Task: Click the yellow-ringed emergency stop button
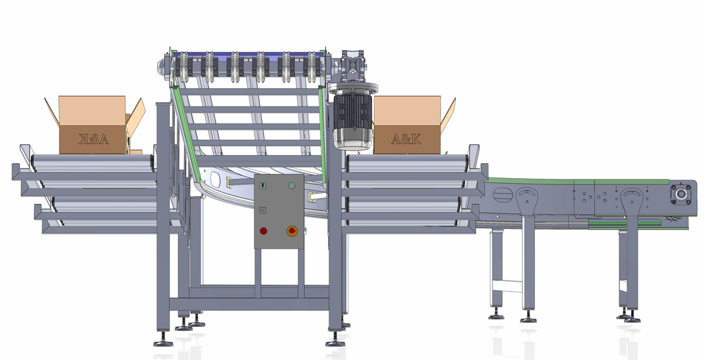coord(292,231)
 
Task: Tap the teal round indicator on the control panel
coord(292,186)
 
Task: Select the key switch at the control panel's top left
coord(263,186)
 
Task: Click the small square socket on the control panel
coord(263,210)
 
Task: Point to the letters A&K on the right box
coord(406,140)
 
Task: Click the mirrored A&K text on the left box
coord(94,139)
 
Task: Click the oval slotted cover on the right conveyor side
coord(502,195)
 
